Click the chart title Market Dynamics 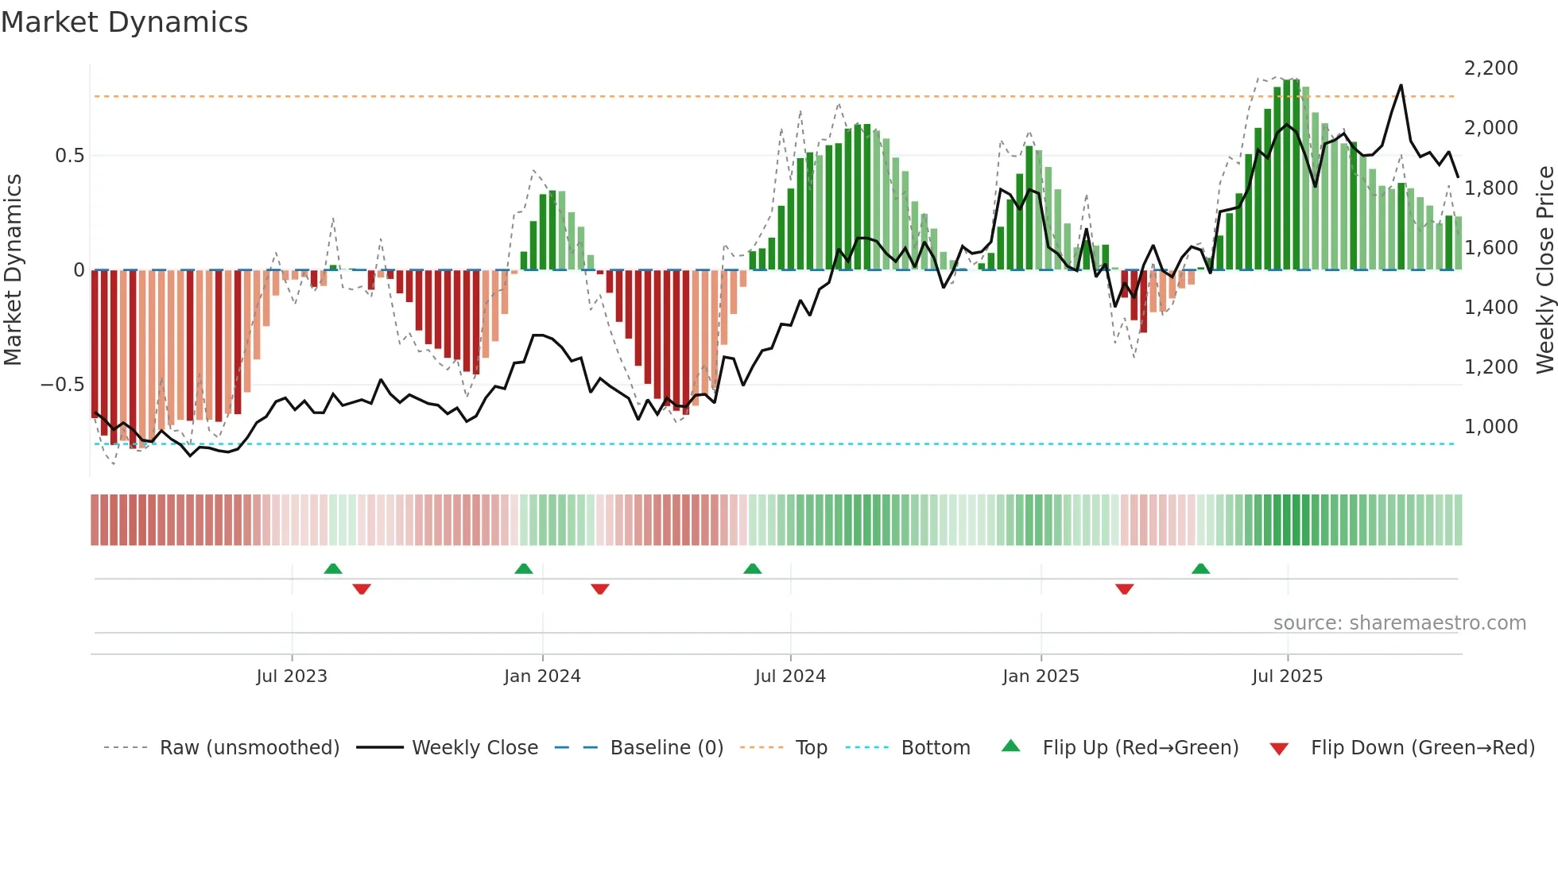pos(124,22)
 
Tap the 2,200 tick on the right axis pos(1490,68)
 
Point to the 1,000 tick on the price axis pos(1490,427)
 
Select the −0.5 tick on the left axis pos(62,385)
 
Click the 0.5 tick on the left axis pos(69,156)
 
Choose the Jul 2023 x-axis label pos(292,676)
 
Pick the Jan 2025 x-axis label pos(1041,676)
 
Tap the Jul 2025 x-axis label pos(1287,676)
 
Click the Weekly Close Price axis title pos(1544,270)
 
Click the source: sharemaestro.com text pos(1399,623)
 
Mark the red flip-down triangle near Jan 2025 pos(1124,589)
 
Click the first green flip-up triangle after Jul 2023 pos(333,569)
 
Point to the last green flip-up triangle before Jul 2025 pos(1200,569)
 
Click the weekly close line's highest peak pos(1401,85)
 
